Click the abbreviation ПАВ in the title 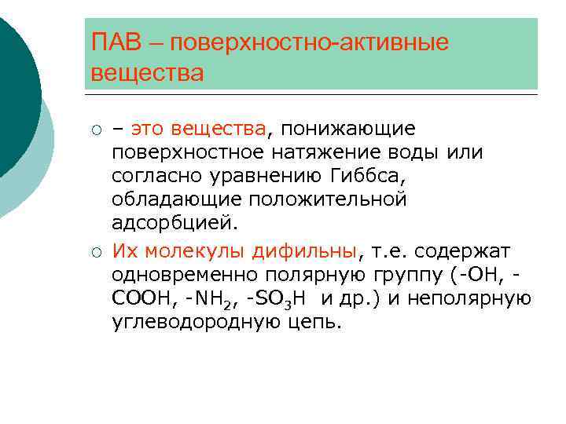coord(115,42)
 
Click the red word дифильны coord(305,251)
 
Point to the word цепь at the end coord(316,323)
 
